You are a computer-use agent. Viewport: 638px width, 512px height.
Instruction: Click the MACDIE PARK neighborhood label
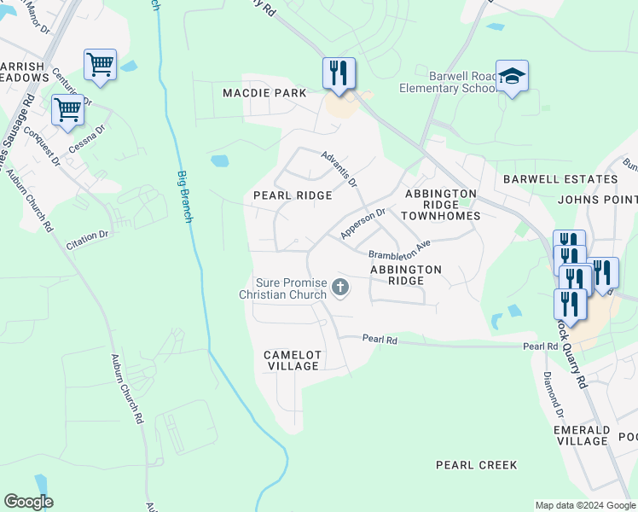[x=264, y=92]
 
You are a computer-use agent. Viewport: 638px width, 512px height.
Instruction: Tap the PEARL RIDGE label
[x=293, y=195]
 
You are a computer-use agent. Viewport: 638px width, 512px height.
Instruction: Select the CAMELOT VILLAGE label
[x=292, y=360]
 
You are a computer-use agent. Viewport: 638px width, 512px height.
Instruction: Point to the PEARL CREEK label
[x=476, y=465]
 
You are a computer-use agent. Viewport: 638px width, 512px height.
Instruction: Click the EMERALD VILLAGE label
[x=581, y=435]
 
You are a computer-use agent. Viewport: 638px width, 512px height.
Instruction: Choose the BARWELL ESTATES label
[x=560, y=179]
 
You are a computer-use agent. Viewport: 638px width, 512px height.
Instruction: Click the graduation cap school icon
[x=512, y=77]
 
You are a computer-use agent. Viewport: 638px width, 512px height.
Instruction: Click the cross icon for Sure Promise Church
[x=340, y=288]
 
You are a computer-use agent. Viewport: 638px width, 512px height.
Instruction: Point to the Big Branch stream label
[x=184, y=196]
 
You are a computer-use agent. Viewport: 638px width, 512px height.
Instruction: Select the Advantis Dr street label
[x=339, y=169]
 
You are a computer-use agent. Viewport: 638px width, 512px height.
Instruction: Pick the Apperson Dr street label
[x=363, y=224]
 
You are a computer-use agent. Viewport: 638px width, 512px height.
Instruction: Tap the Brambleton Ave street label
[x=399, y=251]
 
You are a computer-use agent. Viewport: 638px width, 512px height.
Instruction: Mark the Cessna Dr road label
[x=87, y=138]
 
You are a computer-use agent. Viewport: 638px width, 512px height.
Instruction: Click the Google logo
[x=29, y=502]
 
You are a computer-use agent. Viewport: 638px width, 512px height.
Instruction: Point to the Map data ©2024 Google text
[x=584, y=505]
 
